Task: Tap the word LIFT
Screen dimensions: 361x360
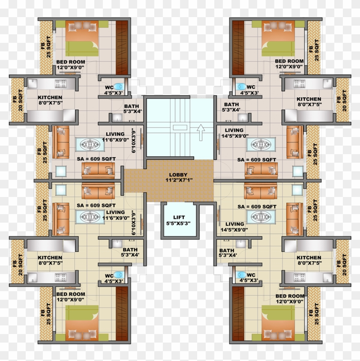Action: (x=179, y=217)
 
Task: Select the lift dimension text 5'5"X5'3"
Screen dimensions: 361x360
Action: (x=179, y=223)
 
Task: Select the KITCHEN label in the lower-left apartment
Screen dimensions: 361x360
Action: (x=50, y=258)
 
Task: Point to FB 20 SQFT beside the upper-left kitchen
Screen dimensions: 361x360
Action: (x=17, y=99)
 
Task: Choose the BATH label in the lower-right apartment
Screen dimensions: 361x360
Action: (x=227, y=251)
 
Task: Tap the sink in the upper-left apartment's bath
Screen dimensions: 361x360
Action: (x=117, y=116)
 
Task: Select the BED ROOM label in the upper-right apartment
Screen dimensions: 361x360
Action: (x=289, y=61)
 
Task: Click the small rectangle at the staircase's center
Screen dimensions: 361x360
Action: (x=179, y=127)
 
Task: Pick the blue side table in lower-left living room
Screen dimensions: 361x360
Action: (x=61, y=189)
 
